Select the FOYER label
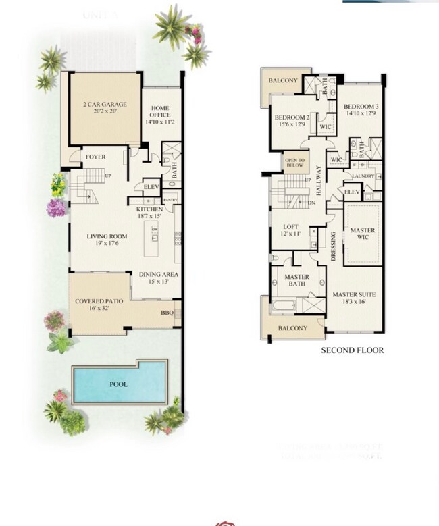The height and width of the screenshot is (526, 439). (94, 157)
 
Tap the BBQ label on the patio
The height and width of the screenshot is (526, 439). (167, 313)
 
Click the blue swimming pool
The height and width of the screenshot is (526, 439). (118, 383)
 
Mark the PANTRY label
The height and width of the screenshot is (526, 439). (171, 201)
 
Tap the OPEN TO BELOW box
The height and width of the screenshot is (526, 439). (294, 163)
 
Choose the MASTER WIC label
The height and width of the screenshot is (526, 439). (362, 234)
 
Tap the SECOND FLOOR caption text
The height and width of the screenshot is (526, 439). (352, 350)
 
